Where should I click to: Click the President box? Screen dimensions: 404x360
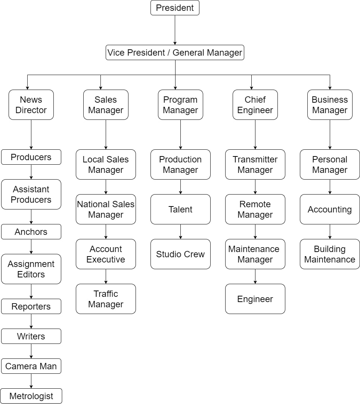[x=175, y=8]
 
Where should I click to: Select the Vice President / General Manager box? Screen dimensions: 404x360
[x=175, y=53]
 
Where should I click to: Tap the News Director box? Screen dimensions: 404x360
[x=31, y=105]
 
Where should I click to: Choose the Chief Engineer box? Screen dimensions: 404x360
[x=255, y=105]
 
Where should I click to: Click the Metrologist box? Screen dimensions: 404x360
[x=31, y=396]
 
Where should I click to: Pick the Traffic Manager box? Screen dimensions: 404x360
[x=106, y=299]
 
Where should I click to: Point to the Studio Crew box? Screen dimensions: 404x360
[x=180, y=254]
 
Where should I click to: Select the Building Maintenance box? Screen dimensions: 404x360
[x=330, y=254]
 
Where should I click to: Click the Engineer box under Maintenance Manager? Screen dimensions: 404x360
[x=255, y=299]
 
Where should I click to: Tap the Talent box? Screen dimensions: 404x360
[x=180, y=209]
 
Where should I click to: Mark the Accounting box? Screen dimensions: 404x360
[x=330, y=209]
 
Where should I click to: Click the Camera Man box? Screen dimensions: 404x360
[x=31, y=366]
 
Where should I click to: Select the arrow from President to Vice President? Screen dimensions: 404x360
[x=175, y=30]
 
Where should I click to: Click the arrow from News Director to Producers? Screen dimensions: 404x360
[x=31, y=134]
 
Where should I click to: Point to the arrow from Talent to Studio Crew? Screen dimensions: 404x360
[x=180, y=231]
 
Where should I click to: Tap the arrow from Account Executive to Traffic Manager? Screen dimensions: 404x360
[x=106, y=276]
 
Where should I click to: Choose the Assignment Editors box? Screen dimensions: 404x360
[x=31, y=269]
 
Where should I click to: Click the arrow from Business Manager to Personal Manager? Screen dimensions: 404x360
[x=330, y=134]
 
